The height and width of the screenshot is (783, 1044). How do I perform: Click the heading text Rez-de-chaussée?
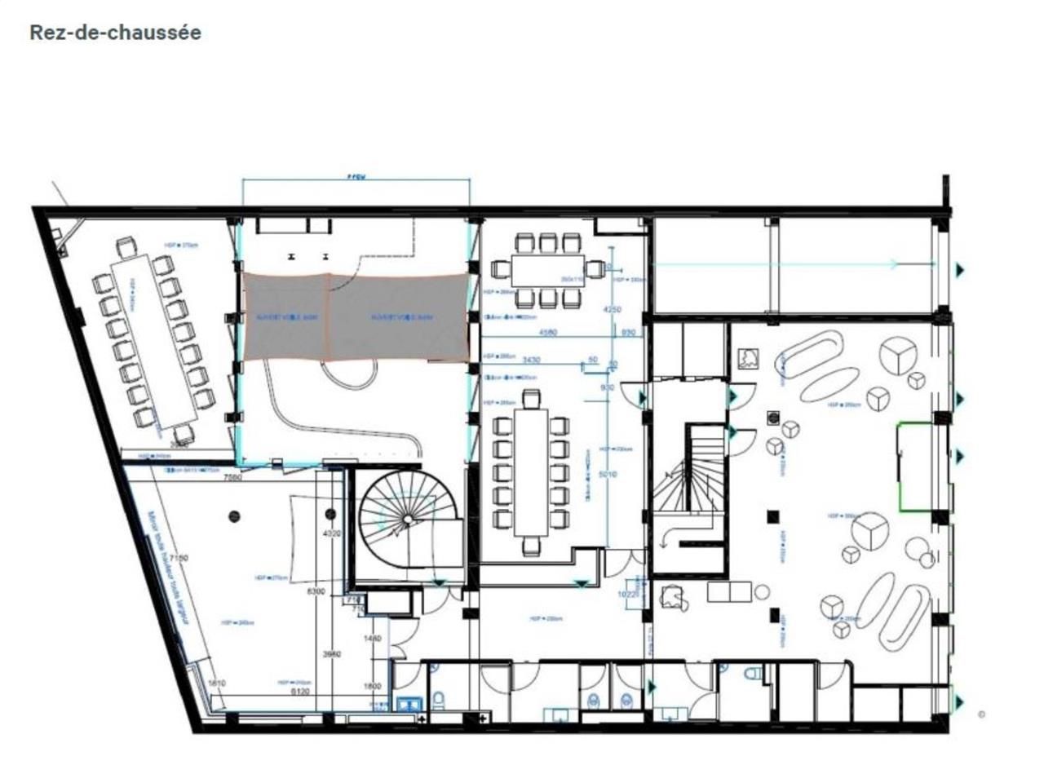[x=115, y=33]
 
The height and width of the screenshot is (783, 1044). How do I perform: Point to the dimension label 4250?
[x=611, y=310]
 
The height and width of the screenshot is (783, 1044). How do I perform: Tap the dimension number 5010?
[x=608, y=474]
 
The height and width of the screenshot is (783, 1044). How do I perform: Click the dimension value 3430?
[x=531, y=360]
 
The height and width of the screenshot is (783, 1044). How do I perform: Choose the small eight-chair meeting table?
[x=547, y=270]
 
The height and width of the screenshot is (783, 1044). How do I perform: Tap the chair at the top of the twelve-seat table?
[x=531, y=400]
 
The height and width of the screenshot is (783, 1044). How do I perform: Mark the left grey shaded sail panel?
[x=285, y=316]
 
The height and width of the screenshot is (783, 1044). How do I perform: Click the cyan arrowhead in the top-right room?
[x=896, y=263]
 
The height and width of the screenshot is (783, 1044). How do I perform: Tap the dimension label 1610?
[x=216, y=683]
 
